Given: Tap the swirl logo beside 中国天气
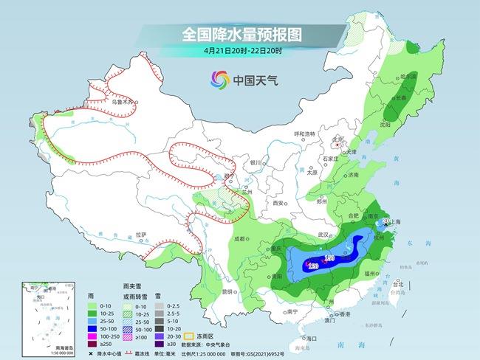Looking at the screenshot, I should (219, 79).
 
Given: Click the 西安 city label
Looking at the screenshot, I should (278, 202).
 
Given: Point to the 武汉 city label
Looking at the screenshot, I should (321, 234).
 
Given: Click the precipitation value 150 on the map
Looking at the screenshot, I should (330, 257).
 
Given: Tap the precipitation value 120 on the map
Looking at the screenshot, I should (312, 266).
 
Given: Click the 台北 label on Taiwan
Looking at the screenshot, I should (398, 283).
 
